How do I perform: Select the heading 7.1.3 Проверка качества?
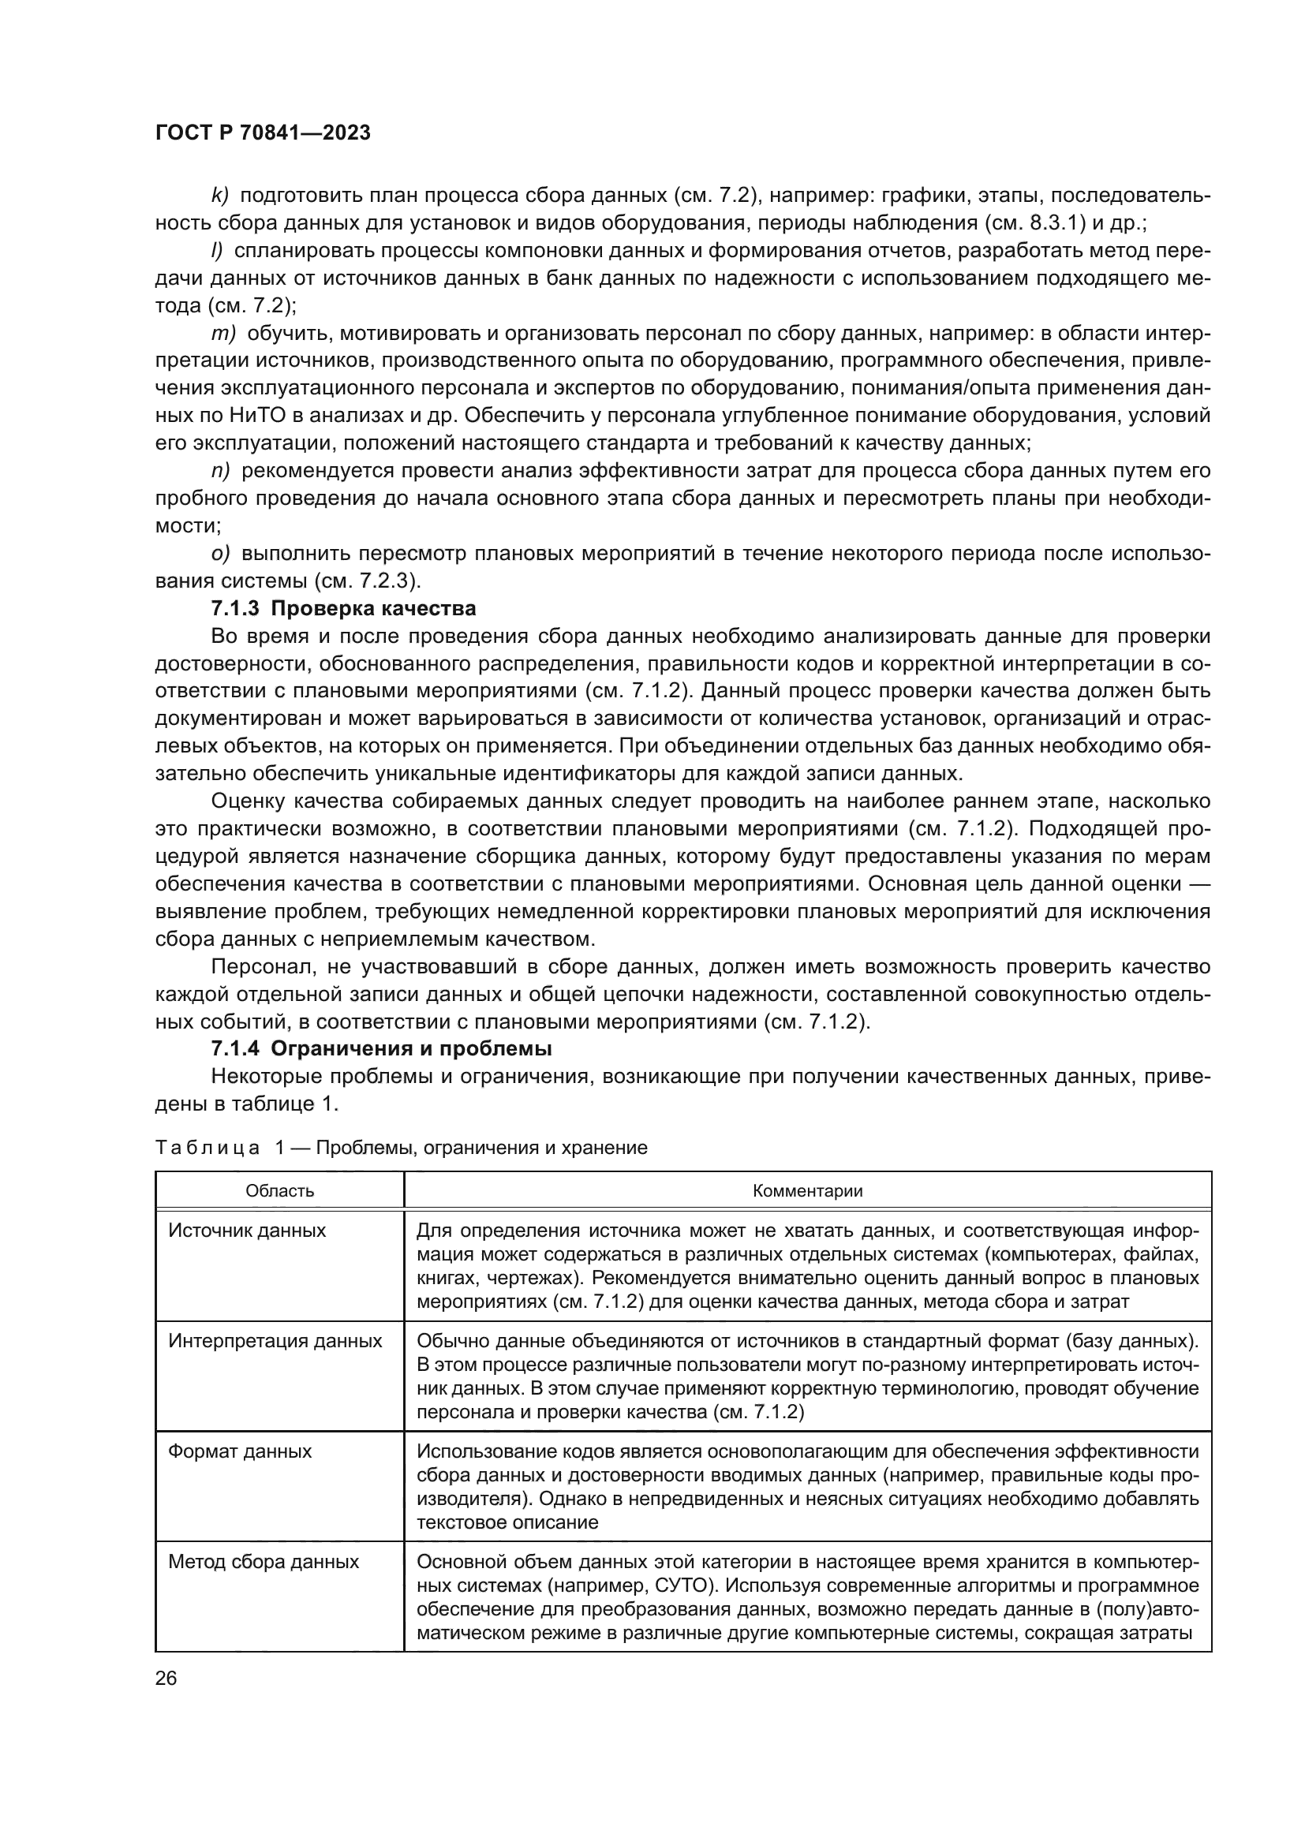point(343,608)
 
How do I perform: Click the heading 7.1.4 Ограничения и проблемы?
point(381,1048)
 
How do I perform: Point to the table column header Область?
point(279,1191)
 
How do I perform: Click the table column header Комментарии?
point(807,1191)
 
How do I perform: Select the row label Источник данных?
point(247,1231)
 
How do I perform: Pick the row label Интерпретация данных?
point(275,1340)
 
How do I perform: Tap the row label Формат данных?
point(240,1451)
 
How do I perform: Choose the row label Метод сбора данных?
point(263,1561)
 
